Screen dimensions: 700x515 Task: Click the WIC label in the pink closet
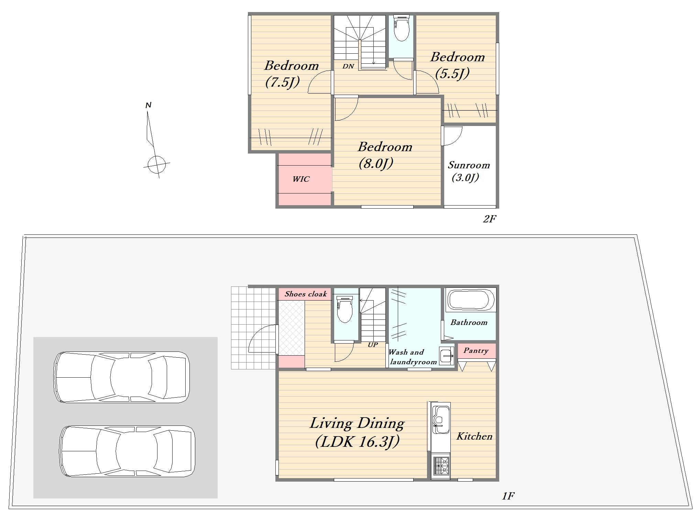click(301, 179)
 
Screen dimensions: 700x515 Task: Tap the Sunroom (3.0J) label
click(469, 171)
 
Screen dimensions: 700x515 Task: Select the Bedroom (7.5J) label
click(291, 74)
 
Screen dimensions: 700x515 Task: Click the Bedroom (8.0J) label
click(385, 155)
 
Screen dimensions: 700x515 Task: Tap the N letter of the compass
click(149, 105)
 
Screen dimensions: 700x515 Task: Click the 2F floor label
click(490, 219)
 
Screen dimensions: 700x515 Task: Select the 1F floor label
click(508, 496)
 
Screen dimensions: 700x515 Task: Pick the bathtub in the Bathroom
click(471, 299)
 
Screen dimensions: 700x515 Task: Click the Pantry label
click(476, 351)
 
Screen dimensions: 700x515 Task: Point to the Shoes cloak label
click(306, 294)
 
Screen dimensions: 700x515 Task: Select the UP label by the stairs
click(373, 345)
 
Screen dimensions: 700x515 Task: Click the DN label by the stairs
click(348, 66)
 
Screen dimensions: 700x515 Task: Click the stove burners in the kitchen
click(440, 466)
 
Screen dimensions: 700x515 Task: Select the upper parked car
click(122, 377)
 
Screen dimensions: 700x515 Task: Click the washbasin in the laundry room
click(447, 356)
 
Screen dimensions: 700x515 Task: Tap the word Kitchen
click(474, 437)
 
